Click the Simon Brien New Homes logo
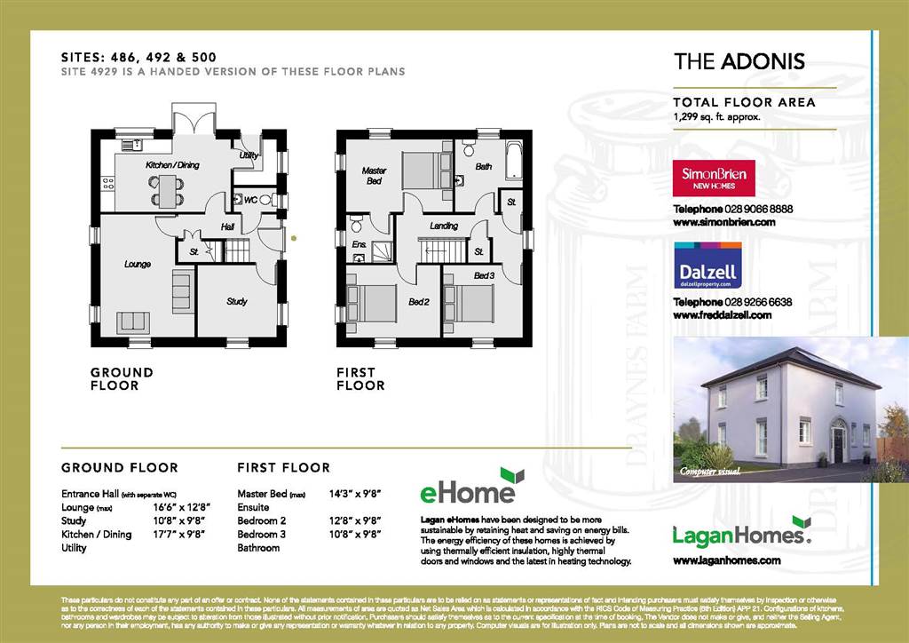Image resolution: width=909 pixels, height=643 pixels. pos(714,178)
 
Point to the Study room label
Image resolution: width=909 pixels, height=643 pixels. pos(236,302)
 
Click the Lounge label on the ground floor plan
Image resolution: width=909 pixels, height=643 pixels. pos(137,264)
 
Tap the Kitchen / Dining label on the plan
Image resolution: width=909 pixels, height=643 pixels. pos(172,165)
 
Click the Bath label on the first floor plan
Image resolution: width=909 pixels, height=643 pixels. pos(483,166)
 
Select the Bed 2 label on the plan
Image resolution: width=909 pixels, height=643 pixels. pos(418,302)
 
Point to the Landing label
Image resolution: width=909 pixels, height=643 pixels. pos(444,226)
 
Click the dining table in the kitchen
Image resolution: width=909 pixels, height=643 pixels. pos(167,189)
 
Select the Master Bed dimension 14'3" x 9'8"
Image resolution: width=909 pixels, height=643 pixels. pos(355,493)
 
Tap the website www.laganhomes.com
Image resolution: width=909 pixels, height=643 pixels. pos(727,560)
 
